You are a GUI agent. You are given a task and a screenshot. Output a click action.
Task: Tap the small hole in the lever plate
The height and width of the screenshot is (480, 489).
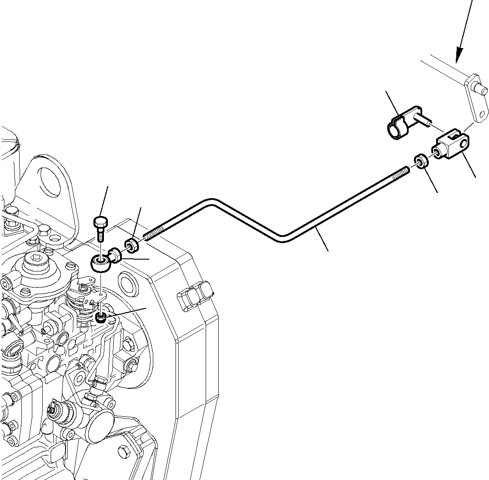[x=481, y=115]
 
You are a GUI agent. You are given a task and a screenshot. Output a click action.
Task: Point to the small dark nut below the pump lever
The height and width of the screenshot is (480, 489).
[x=101, y=318]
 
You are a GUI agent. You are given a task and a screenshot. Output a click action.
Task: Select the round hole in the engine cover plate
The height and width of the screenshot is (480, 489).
[x=127, y=283]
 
